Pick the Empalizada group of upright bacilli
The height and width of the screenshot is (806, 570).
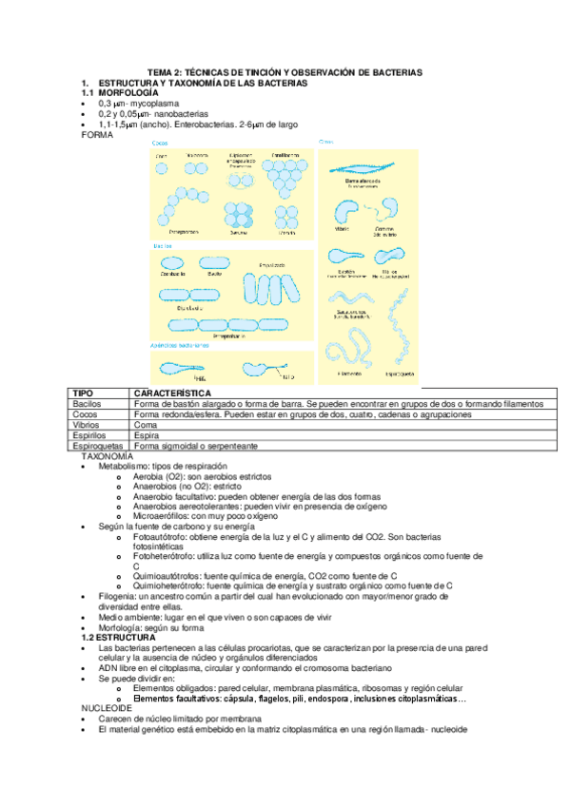pyautogui.click(x=273, y=289)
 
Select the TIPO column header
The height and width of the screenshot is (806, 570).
pyautogui.click(x=87, y=393)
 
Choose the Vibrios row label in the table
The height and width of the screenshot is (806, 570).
pyautogui.click(x=89, y=425)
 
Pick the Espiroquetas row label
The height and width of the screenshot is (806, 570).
pyautogui.click(x=99, y=446)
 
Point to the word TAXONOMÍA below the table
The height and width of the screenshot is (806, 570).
pyautogui.click(x=111, y=456)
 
